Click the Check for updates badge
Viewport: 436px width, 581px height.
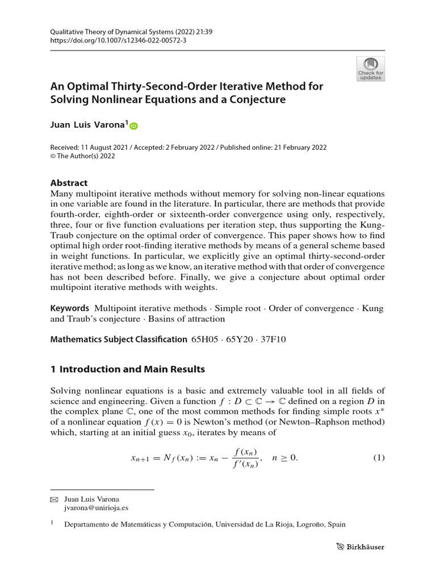click(x=370, y=68)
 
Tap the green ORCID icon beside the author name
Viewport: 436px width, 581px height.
click(x=134, y=126)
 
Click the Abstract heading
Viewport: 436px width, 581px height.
click(x=69, y=183)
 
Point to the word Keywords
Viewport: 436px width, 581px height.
click(x=70, y=308)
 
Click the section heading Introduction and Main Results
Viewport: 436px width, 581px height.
click(x=132, y=369)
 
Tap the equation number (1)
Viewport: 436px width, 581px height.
click(x=379, y=458)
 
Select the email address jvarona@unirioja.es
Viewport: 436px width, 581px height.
click(x=95, y=509)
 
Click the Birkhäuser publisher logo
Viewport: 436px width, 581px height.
click(x=359, y=548)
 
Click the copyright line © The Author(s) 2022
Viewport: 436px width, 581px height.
click(x=82, y=157)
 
